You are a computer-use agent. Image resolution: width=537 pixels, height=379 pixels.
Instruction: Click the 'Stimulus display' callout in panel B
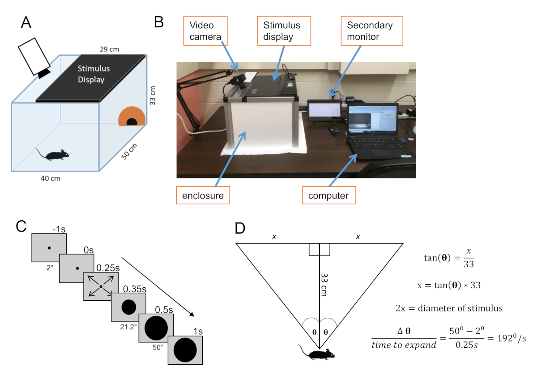click(x=284, y=31)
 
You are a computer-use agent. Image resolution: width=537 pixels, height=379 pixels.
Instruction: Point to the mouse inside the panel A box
click(x=53, y=155)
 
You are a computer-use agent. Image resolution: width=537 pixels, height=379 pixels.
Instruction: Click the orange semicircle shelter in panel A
click(x=132, y=116)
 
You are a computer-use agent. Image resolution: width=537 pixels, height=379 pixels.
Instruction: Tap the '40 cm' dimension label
click(x=50, y=179)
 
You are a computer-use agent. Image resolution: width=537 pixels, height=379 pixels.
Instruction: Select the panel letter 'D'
click(x=240, y=228)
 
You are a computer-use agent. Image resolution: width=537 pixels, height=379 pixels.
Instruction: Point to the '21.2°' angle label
click(x=128, y=326)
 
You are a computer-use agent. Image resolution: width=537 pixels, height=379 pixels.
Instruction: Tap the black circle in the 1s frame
click(x=185, y=350)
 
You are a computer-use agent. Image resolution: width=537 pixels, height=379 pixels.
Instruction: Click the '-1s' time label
click(x=59, y=230)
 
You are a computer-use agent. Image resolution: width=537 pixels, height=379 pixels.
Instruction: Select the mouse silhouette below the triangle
click(x=319, y=354)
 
